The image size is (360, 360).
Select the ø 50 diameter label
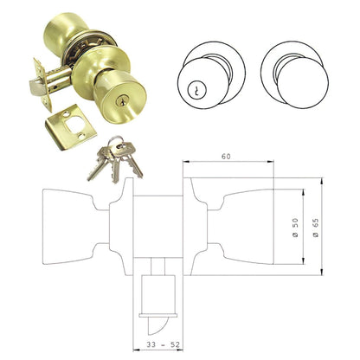point(295,226)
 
